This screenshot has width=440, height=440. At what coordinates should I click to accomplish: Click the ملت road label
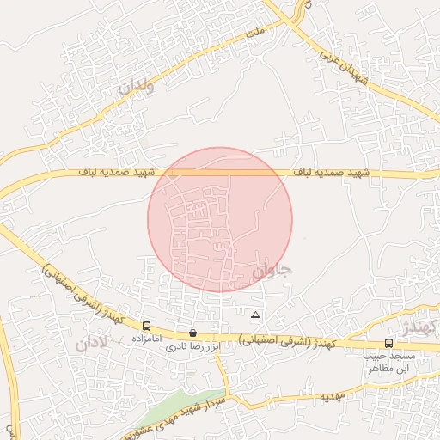[252, 32]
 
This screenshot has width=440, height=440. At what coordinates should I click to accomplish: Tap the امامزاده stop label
[148, 339]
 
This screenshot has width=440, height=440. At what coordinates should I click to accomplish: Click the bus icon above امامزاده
[148, 327]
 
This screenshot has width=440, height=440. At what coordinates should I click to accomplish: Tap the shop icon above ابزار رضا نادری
[192, 333]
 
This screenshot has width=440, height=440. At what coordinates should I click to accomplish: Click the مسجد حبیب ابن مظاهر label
[391, 362]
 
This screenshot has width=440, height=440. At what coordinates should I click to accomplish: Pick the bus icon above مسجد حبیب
[388, 344]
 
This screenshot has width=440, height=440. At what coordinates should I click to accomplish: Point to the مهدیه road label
[332, 398]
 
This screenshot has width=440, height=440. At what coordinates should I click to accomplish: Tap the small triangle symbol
[254, 315]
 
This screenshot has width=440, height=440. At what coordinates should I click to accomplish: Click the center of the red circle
[220, 220]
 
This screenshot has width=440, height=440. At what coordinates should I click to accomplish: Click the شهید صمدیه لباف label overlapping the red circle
[199, 173]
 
